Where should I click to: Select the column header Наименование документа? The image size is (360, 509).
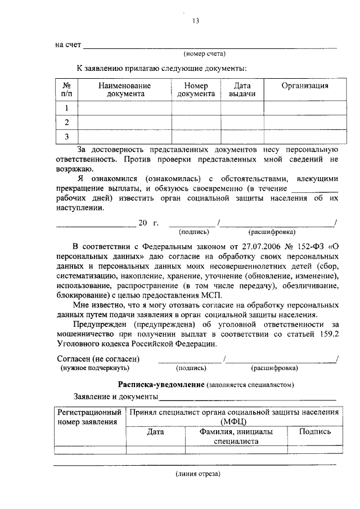pyautogui.click(x=124, y=90)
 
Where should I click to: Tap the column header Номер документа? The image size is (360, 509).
pyautogui.click(x=196, y=90)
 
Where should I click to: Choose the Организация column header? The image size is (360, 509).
pyautogui.click(x=305, y=86)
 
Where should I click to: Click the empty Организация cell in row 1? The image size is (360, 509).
pyautogui.click(x=305, y=109)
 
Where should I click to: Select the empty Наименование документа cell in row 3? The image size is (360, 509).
pyautogui.click(x=124, y=137)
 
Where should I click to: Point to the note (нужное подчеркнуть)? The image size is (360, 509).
pyautogui.click(x=95, y=368)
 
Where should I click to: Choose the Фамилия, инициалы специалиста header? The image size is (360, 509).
pyautogui.click(x=236, y=437)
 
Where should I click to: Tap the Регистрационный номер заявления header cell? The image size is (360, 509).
pyautogui.click(x=89, y=417)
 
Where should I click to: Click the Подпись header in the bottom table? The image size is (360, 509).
pyautogui.click(x=314, y=432)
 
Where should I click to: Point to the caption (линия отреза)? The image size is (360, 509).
pyautogui.click(x=196, y=474)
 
